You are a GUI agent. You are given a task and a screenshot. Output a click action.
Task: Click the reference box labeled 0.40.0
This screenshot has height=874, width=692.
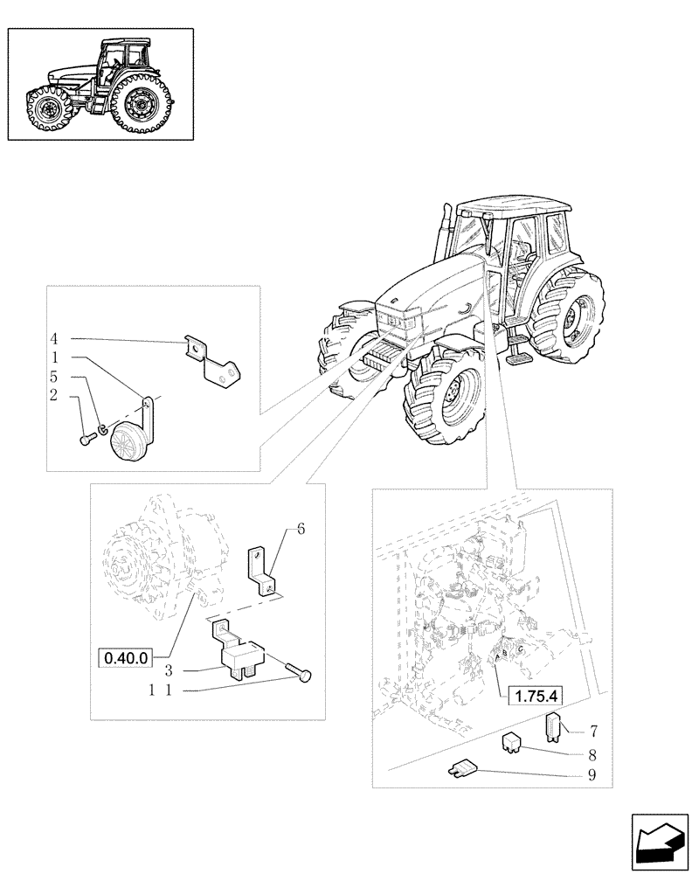pyautogui.click(x=128, y=655)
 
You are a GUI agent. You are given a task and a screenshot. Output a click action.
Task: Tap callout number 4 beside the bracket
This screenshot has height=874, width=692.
pyautogui.click(x=53, y=338)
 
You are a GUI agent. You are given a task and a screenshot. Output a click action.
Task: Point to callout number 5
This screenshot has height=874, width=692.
pyautogui.click(x=53, y=378)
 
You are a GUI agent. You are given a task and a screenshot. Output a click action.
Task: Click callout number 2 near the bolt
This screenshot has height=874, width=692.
pyautogui.click(x=53, y=396)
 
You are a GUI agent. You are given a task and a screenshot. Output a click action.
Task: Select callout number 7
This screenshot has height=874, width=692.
pyautogui.click(x=593, y=729)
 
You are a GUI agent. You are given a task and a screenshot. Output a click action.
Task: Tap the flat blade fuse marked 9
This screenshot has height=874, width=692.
pyautogui.click(x=463, y=767)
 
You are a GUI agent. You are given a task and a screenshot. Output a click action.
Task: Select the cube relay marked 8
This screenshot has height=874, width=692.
pyautogui.click(x=513, y=744)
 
